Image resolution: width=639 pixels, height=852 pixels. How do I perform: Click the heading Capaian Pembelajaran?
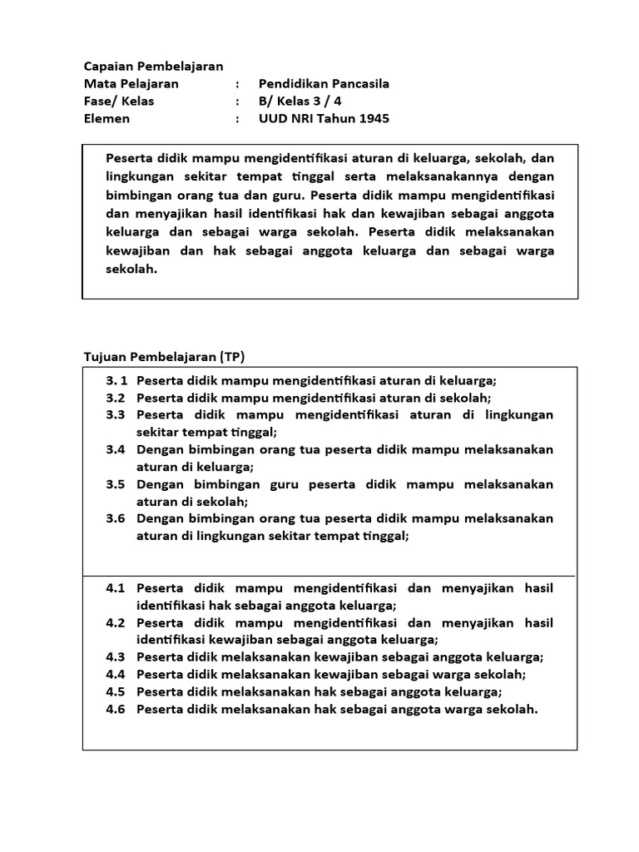coord(154,66)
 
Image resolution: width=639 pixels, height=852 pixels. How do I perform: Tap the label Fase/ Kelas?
coord(119,101)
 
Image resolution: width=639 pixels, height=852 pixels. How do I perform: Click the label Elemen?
coord(107,118)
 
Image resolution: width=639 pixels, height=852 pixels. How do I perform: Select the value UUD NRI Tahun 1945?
coord(324,118)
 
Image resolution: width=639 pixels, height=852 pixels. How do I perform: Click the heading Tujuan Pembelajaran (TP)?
coord(165,356)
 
